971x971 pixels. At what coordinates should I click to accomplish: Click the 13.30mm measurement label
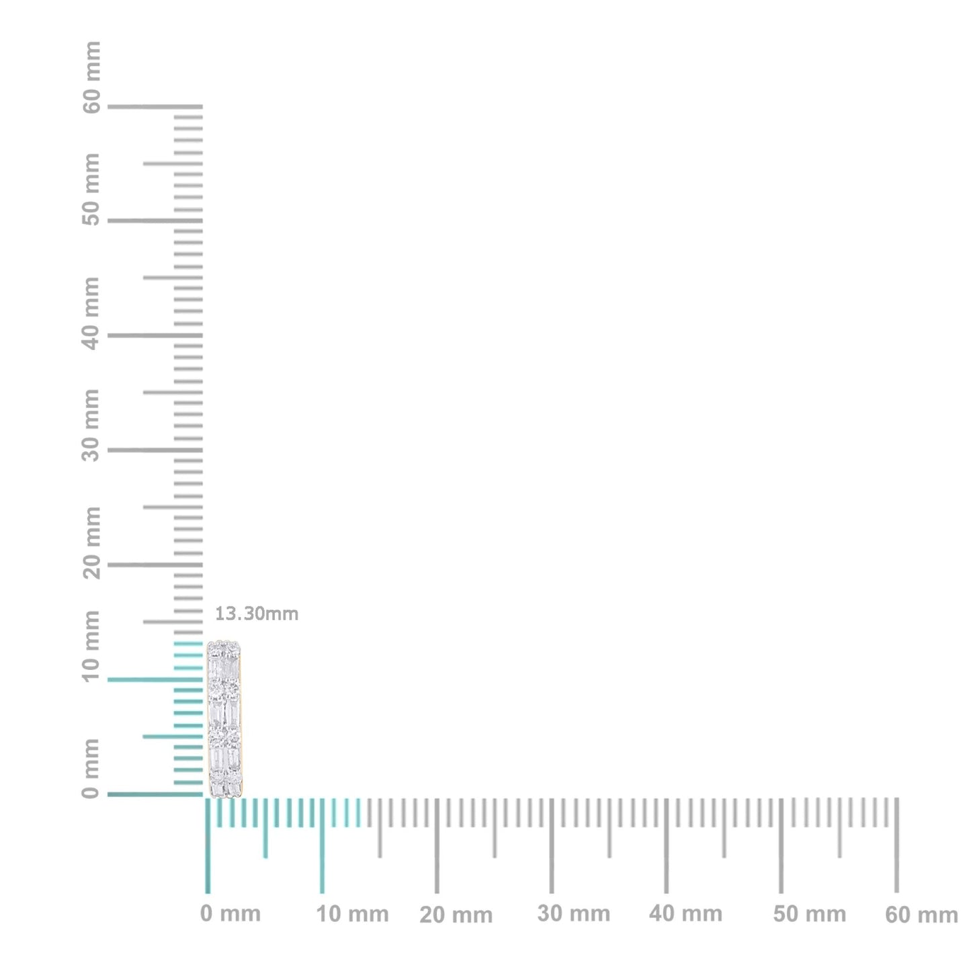(256, 614)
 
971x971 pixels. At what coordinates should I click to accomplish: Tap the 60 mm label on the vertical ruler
(91, 77)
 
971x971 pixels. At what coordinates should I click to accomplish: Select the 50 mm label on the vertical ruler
(91, 190)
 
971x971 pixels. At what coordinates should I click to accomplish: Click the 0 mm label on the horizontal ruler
(230, 914)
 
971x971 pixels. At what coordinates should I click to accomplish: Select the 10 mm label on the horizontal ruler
(352, 915)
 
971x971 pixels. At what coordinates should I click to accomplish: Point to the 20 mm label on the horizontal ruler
(456, 915)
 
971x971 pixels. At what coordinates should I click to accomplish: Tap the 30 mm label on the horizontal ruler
(573, 914)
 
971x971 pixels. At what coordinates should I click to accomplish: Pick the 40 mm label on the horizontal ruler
(685, 914)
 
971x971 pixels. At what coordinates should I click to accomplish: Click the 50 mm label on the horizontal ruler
(809, 915)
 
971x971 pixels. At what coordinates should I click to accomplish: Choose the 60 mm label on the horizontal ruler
(921, 915)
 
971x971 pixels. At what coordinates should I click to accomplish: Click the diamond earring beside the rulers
(224, 719)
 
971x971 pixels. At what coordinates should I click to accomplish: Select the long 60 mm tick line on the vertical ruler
(155, 106)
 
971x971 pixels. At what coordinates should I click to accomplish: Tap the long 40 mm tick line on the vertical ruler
(155, 335)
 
